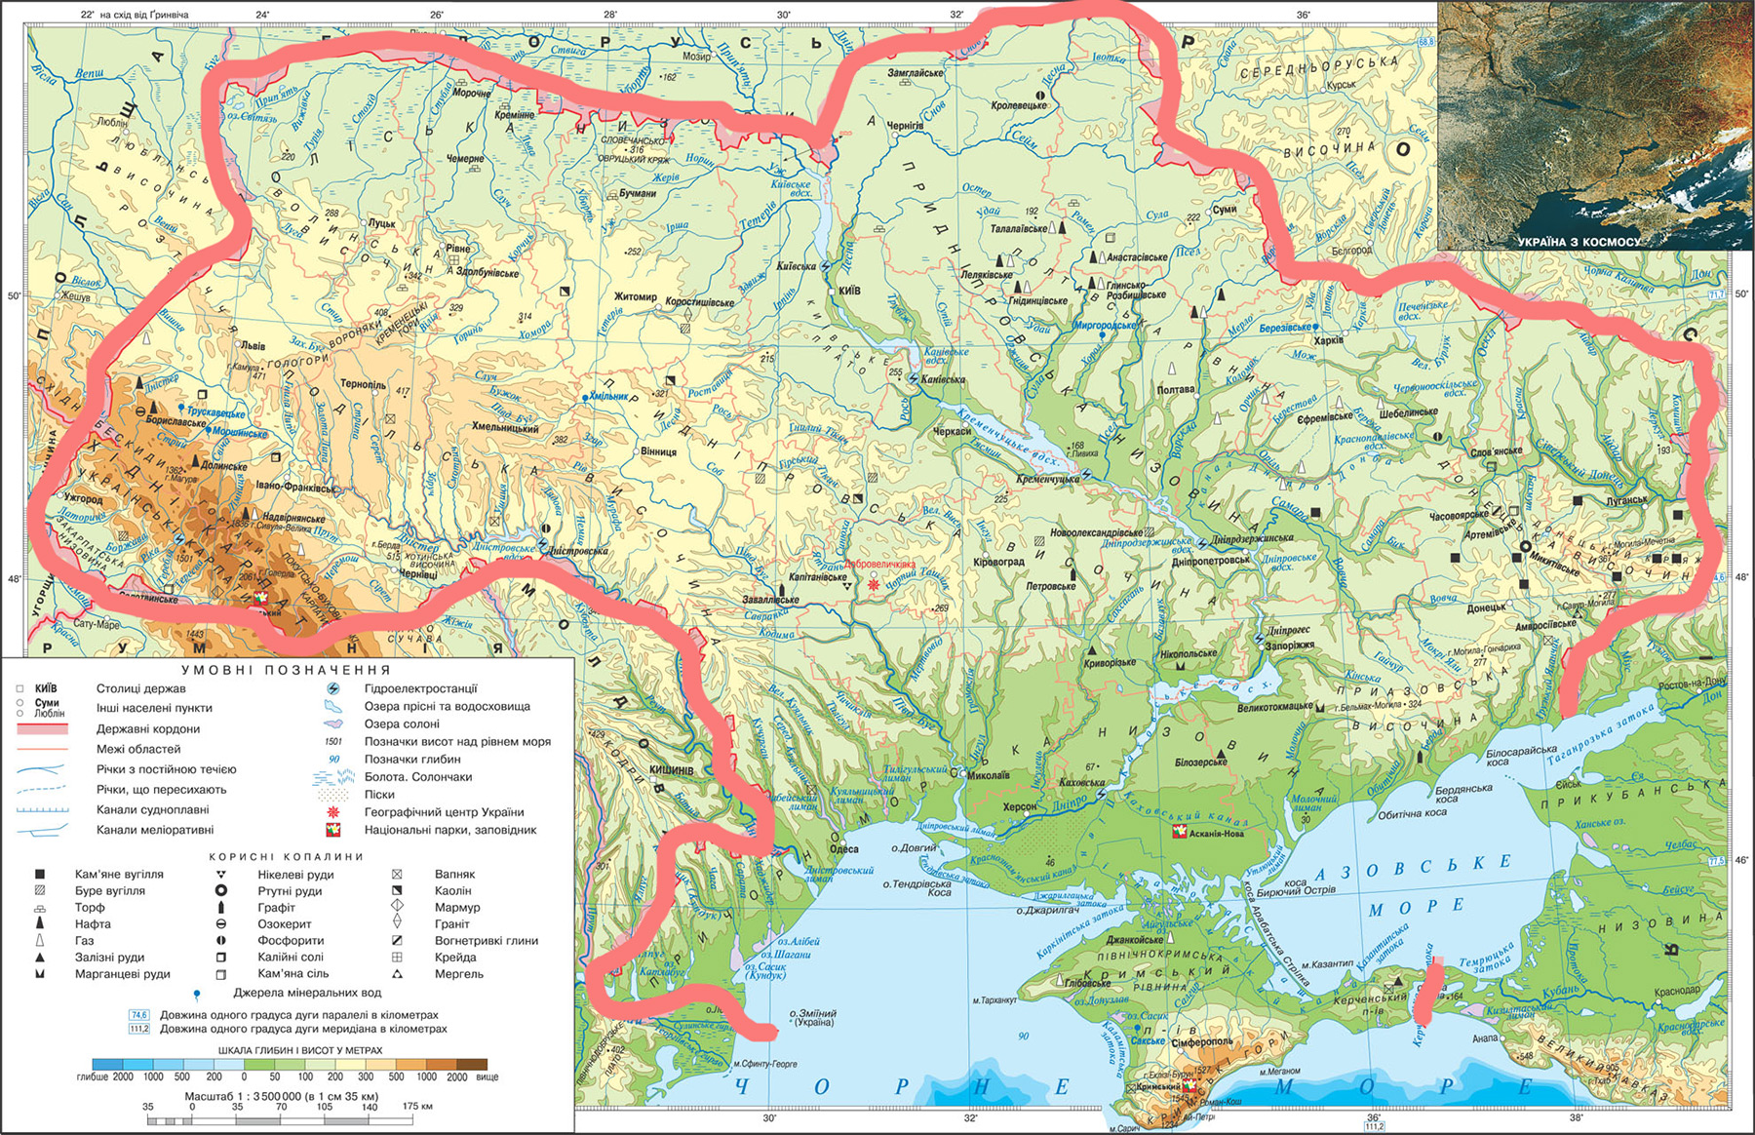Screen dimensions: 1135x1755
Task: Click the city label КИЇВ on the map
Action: (x=849, y=291)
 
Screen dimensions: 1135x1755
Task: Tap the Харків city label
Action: (x=1328, y=340)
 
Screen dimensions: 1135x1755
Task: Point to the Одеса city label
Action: (x=844, y=849)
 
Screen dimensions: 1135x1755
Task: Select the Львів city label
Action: (x=253, y=345)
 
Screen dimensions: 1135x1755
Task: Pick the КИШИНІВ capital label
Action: (x=672, y=770)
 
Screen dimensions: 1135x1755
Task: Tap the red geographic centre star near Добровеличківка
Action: (x=873, y=583)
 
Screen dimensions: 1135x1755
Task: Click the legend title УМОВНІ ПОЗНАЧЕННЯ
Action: (x=287, y=670)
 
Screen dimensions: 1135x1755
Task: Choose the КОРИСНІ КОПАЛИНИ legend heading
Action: (x=287, y=856)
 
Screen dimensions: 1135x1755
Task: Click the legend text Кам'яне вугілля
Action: (x=119, y=875)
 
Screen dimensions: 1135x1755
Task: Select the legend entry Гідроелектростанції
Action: (x=420, y=688)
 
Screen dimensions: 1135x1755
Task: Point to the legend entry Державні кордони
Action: (x=147, y=728)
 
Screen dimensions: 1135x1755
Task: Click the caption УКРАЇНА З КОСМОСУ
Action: (x=1579, y=241)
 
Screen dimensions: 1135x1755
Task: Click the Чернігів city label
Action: (x=904, y=126)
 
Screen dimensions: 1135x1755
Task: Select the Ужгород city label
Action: (x=83, y=499)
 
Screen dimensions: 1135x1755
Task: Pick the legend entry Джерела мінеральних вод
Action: (x=307, y=993)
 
